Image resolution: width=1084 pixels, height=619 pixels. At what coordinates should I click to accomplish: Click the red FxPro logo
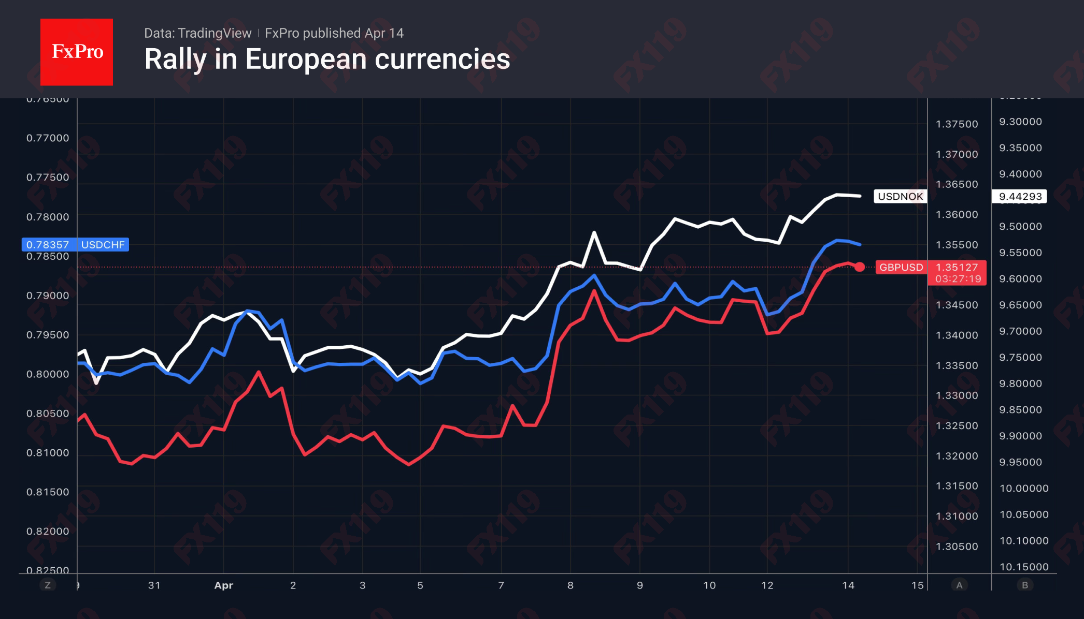click(77, 52)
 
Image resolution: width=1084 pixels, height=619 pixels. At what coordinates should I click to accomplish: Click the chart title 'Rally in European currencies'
click(327, 59)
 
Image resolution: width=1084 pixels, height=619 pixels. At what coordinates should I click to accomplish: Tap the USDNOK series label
click(900, 197)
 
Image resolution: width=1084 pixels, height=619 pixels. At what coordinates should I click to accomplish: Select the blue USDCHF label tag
click(103, 245)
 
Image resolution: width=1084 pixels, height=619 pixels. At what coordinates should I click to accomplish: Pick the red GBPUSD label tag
click(901, 268)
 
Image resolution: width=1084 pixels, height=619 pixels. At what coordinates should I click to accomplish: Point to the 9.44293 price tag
click(1020, 197)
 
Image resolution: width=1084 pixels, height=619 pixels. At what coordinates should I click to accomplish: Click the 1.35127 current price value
click(957, 267)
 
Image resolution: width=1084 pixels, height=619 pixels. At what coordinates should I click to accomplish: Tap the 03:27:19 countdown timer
click(958, 279)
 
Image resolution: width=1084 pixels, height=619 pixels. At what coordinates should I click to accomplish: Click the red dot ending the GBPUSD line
click(860, 267)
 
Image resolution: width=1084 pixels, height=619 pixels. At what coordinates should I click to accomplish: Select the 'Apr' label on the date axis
click(224, 585)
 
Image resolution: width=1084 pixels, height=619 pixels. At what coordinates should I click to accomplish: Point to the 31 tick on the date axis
click(154, 585)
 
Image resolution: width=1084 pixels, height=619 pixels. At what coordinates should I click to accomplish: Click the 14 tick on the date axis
click(848, 585)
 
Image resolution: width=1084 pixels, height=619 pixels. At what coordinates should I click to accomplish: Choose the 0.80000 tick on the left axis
click(48, 374)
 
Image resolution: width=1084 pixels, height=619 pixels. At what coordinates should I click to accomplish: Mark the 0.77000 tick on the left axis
click(48, 138)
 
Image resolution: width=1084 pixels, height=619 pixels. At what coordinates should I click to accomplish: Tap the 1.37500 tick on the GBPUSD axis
click(957, 124)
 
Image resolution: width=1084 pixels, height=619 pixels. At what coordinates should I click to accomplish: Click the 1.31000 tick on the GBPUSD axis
click(957, 516)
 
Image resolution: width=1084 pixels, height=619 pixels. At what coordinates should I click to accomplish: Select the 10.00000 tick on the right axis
click(1023, 489)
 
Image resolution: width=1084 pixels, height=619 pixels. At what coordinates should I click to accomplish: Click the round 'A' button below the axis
click(959, 585)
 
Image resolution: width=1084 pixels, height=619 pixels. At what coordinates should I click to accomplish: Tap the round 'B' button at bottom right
click(1024, 585)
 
